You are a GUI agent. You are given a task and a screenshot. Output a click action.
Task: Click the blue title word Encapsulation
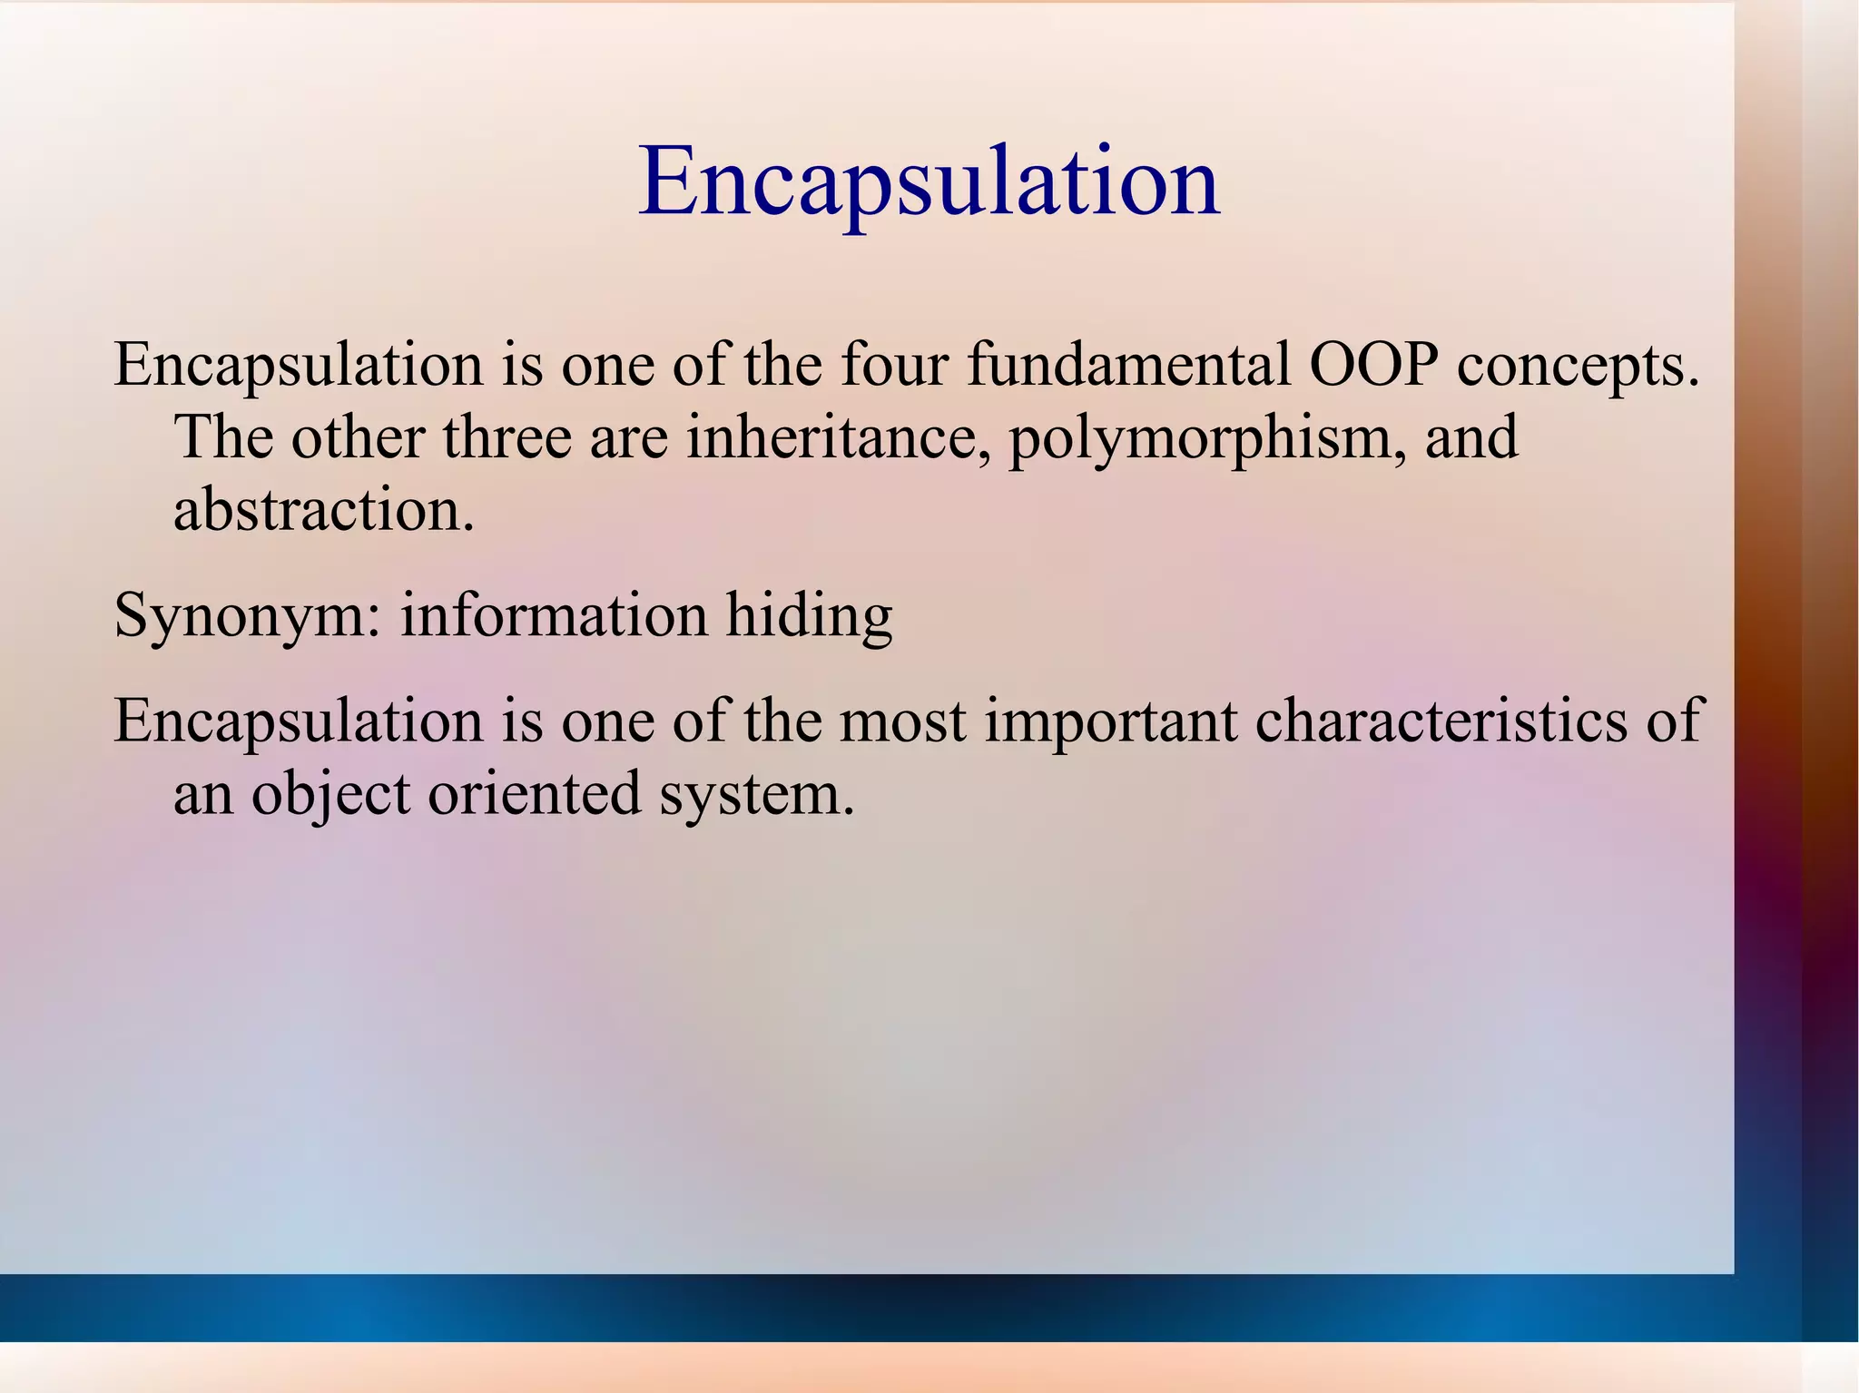(929, 184)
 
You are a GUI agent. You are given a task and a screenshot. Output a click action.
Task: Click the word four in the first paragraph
(894, 365)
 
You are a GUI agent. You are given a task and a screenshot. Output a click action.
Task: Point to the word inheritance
(837, 437)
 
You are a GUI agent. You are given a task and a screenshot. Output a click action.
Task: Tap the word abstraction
(323, 510)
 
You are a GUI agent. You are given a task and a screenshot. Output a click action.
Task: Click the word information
(554, 615)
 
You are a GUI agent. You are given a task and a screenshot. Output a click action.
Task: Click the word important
(1111, 722)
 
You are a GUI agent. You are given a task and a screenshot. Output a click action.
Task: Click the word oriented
(535, 793)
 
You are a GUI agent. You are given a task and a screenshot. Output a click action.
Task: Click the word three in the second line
(507, 437)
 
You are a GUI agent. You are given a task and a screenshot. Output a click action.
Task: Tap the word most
(902, 722)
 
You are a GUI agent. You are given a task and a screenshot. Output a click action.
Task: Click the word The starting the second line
(223, 437)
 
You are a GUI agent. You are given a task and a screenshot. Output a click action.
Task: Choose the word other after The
(358, 437)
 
